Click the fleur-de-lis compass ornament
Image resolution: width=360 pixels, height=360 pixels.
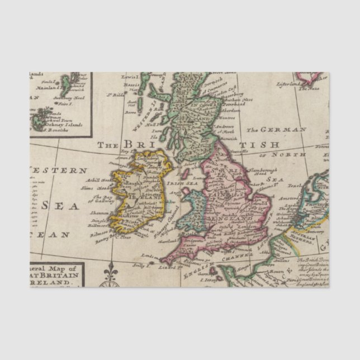[x=110, y=275]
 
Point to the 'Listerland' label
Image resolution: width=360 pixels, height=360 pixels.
[x=288, y=84]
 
